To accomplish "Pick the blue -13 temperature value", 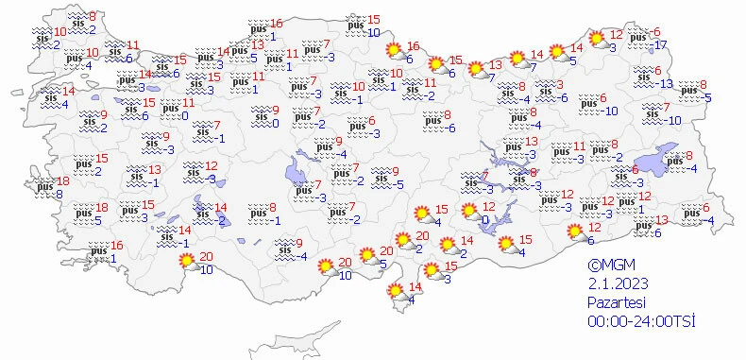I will [x=666, y=84].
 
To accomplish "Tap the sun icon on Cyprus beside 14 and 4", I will [x=394, y=294].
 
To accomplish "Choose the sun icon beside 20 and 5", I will [x=365, y=257].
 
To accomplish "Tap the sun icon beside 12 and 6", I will [x=573, y=232].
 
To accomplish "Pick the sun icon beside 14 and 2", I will [x=446, y=247].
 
